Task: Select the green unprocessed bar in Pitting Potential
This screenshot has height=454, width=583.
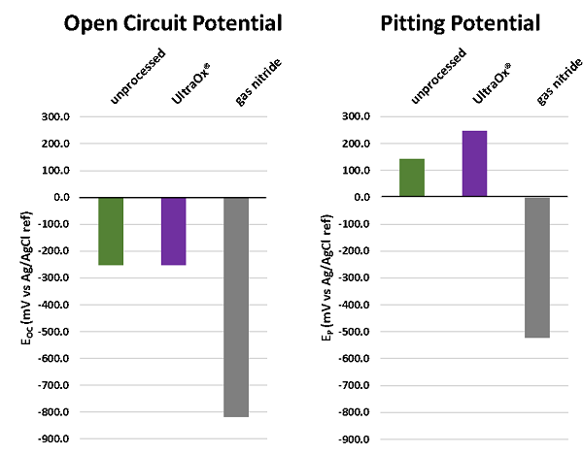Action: click(x=411, y=178)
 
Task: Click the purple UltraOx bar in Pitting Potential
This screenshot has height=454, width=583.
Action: click(x=474, y=164)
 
